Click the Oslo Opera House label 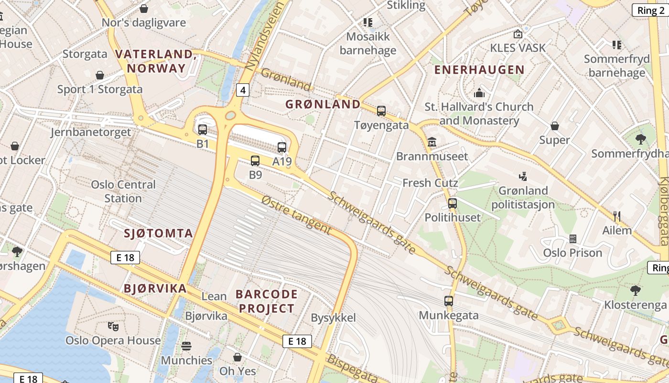tap(113, 340)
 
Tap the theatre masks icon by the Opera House tap(113, 327)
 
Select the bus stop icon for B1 tap(203, 129)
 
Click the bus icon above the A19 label tap(282, 147)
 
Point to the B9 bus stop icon tap(255, 161)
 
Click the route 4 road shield tap(243, 90)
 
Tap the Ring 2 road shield tap(650, 11)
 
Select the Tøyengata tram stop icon tap(381, 111)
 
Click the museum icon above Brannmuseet tap(432, 142)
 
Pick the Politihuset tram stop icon tap(453, 203)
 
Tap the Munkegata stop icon tap(448, 301)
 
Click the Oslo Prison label tap(572, 253)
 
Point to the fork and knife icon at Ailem tap(617, 216)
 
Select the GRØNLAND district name tap(323, 104)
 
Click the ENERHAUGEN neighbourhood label tap(479, 70)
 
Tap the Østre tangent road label tap(296, 215)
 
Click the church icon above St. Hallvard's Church tap(479, 92)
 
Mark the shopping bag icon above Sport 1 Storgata tap(100, 75)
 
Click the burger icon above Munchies tap(186, 346)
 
